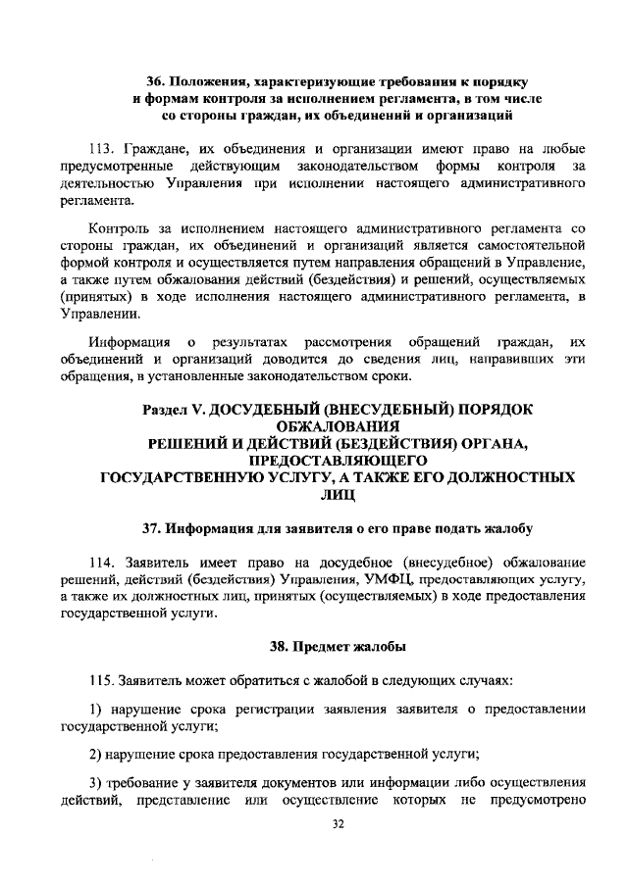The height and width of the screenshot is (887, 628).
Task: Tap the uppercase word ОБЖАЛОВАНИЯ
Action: click(326, 425)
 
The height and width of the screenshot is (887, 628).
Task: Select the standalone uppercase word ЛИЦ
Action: click(325, 496)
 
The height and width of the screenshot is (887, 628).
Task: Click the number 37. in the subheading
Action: click(154, 530)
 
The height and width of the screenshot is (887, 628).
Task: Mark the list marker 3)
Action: click(96, 783)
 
